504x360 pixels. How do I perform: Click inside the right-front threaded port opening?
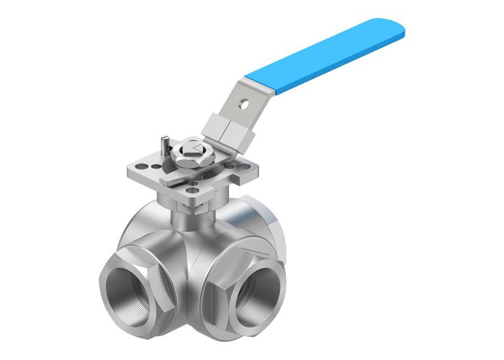[x=251, y=294]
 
